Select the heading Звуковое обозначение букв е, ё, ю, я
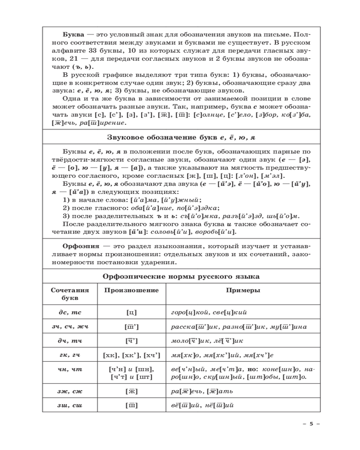[182, 137]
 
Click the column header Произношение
[132, 291]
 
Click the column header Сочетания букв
[70, 294]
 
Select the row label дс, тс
[70, 312]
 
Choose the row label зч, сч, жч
[70, 327]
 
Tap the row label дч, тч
[70, 341]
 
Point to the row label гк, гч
[70, 355]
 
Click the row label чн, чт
[70, 369]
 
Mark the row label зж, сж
[70, 391]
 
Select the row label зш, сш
[70, 405]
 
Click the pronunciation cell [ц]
[132, 312]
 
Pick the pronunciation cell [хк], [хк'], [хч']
[132, 355]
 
